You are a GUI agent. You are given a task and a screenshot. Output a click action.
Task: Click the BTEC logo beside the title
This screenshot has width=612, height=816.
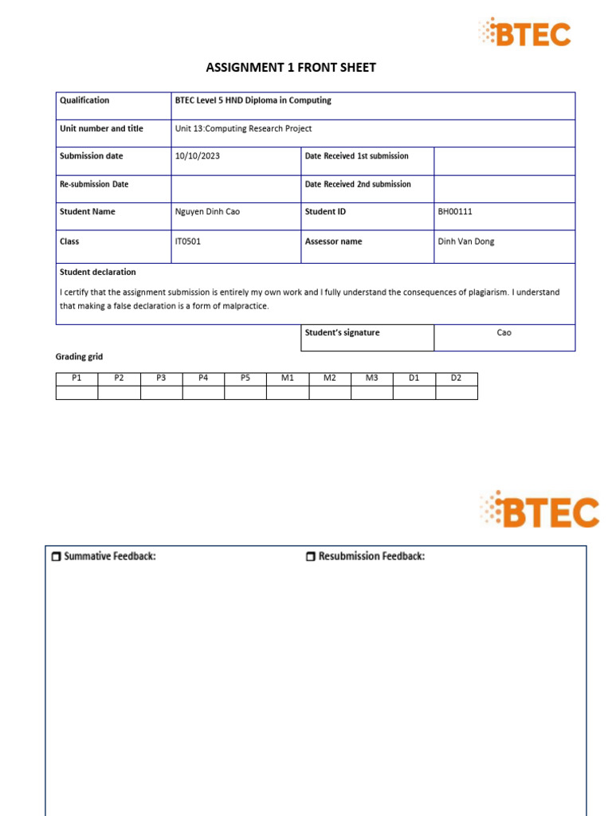pyautogui.click(x=525, y=33)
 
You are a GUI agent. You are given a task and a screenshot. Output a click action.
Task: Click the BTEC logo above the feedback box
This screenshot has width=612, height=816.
pyautogui.click(x=539, y=510)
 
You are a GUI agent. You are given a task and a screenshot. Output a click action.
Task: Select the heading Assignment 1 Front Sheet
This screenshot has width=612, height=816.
pyautogui.click(x=291, y=68)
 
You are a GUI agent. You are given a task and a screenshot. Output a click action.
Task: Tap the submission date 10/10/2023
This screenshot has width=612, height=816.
pyautogui.click(x=197, y=156)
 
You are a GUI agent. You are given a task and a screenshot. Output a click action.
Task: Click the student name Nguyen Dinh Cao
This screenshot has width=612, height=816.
pyautogui.click(x=207, y=212)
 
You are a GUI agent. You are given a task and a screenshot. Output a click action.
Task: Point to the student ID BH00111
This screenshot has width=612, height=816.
pyautogui.click(x=456, y=212)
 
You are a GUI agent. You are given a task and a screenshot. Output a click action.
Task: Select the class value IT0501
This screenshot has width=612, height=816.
pyautogui.click(x=188, y=241)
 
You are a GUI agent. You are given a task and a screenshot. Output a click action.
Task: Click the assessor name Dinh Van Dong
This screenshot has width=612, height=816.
pyautogui.click(x=466, y=241)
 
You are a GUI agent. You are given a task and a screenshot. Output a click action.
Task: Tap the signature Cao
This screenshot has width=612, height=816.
pyautogui.click(x=504, y=333)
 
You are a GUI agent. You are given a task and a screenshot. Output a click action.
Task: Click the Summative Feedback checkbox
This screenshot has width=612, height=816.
pyautogui.click(x=56, y=557)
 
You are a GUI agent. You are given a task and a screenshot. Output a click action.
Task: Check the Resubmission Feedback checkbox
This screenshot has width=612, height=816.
pyautogui.click(x=311, y=557)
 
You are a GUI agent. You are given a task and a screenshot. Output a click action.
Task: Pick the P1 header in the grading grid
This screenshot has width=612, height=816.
pyautogui.click(x=76, y=378)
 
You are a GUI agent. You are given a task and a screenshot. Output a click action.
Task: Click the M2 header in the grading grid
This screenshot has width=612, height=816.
pyautogui.click(x=330, y=378)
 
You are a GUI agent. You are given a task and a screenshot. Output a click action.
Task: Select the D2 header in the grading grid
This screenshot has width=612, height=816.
pyautogui.click(x=457, y=378)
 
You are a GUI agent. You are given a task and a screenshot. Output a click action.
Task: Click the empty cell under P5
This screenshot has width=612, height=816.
pyautogui.click(x=245, y=392)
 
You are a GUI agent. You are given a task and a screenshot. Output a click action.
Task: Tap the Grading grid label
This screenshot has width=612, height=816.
pyautogui.click(x=79, y=357)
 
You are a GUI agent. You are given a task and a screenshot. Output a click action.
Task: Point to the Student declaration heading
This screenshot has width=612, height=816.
pyautogui.click(x=98, y=272)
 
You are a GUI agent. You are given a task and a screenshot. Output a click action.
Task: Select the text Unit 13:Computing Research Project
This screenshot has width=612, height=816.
pyautogui.click(x=243, y=128)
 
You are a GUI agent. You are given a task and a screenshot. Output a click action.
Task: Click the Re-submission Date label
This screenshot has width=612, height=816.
pyautogui.click(x=94, y=184)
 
